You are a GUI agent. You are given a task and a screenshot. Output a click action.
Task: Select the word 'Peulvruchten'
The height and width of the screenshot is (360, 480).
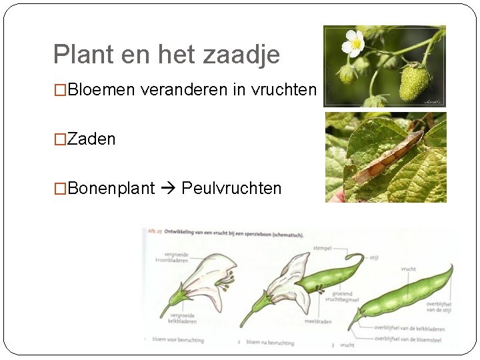point(231,188)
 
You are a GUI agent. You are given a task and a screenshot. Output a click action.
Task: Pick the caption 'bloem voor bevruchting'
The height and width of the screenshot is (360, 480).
point(177,340)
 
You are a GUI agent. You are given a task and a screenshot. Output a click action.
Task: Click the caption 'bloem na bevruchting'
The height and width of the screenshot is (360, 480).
point(270,342)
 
